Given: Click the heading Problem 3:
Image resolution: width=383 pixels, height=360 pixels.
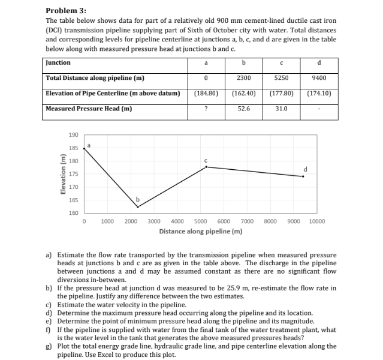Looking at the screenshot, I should tap(66, 11).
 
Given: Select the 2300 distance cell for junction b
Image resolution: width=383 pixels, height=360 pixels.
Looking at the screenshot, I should tap(243, 78).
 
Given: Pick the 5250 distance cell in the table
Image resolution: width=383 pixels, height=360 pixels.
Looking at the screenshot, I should tap(281, 78).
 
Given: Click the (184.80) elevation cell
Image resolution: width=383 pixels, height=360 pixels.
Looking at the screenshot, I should tap(206, 94).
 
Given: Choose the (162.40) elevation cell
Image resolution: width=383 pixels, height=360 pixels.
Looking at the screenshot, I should tap(243, 94).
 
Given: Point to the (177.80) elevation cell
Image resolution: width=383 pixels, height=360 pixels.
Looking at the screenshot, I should tap(281, 94).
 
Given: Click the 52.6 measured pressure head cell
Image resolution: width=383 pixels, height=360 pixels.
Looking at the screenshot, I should tap(243, 109).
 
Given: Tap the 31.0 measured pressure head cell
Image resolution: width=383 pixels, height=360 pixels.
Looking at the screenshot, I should tap(281, 109).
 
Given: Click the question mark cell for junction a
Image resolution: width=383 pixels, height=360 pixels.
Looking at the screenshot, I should tap(206, 109).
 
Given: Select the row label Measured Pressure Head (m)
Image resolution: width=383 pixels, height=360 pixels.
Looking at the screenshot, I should tap(89, 109).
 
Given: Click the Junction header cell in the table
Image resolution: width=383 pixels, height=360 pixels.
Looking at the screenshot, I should tap(58, 62).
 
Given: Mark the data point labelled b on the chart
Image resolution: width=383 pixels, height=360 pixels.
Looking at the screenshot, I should tap(138, 207).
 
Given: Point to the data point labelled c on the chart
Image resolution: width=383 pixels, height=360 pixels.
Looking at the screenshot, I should tap(207, 167).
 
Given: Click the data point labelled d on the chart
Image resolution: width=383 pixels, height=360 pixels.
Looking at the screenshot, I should tap(303, 176).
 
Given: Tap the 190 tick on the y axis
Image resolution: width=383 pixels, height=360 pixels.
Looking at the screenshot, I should tap(73, 136).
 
